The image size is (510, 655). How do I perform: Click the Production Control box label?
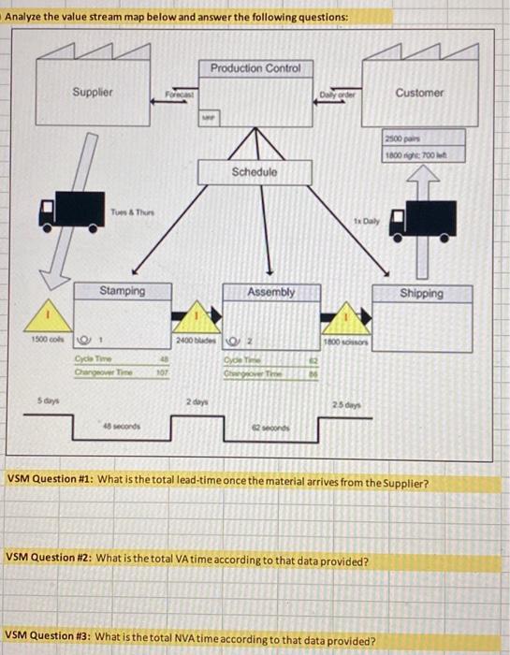tap(255, 68)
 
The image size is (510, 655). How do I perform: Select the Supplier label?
tap(93, 92)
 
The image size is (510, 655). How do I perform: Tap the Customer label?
tap(419, 93)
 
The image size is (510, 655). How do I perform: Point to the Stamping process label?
tap(123, 291)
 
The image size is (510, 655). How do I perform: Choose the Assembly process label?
tap(270, 292)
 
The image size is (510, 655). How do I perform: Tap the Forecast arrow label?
tap(178, 95)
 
